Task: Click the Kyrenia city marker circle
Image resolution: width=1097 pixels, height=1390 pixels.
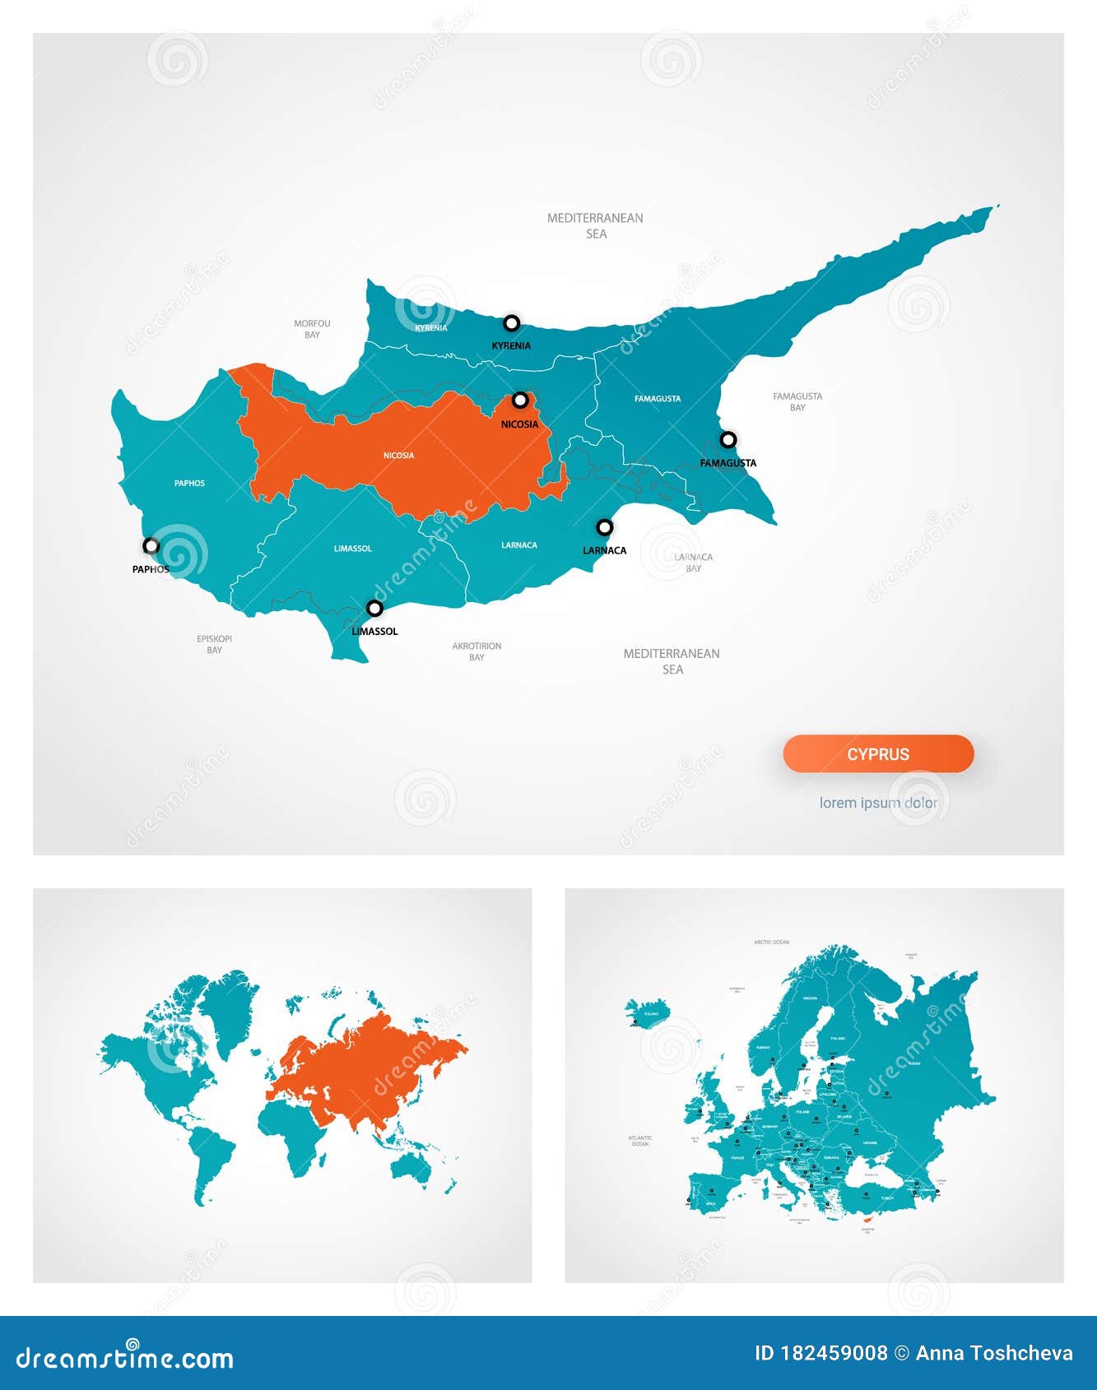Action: pyautogui.click(x=512, y=323)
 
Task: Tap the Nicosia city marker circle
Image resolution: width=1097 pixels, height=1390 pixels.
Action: pyautogui.click(x=520, y=401)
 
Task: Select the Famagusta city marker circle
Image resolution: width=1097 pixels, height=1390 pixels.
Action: pyautogui.click(x=728, y=439)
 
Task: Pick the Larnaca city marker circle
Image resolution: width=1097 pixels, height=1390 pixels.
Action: pyautogui.click(x=605, y=527)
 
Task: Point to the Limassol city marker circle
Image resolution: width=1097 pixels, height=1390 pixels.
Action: pyautogui.click(x=374, y=609)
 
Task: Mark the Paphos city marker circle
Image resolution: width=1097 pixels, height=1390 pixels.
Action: pyautogui.click(x=151, y=545)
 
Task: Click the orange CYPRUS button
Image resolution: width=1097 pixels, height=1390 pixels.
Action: pyautogui.click(x=878, y=754)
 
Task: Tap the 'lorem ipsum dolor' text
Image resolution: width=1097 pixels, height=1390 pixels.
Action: pyautogui.click(x=878, y=803)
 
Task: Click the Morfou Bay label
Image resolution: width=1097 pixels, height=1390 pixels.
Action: pyautogui.click(x=312, y=329)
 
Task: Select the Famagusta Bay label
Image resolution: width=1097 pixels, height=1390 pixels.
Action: pyautogui.click(x=797, y=401)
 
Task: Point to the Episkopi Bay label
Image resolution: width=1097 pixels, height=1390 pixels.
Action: pyautogui.click(x=214, y=644)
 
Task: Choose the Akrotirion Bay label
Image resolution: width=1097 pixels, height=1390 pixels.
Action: pyautogui.click(x=476, y=651)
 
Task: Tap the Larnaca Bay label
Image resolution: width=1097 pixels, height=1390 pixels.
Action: pyautogui.click(x=694, y=563)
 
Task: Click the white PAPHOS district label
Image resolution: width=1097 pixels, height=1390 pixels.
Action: pyautogui.click(x=189, y=484)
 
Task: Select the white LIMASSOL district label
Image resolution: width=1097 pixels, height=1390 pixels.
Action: pyautogui.click(x=353, y=549)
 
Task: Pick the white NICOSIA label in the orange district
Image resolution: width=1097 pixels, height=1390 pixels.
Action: pyautogui.click(x=399, y=456)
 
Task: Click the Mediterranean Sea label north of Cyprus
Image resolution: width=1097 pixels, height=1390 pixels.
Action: pyautogui.click(x=596, y=225)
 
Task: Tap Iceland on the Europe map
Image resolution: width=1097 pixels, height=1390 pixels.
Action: pyautogui.click(x=648, y=1012)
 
